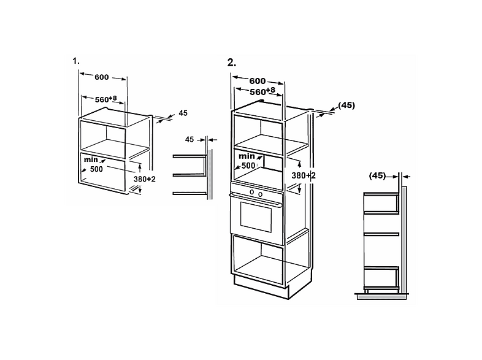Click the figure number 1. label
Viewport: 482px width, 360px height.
(x=76, y=61)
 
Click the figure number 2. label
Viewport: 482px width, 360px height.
(x=232, y=63)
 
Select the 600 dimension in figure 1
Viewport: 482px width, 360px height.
(x=102, y=77)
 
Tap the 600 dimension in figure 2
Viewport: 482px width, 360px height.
(x=258, y=81)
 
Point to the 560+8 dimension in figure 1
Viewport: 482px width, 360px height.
(x=106, y=99)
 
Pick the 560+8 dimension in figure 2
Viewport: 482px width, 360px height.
(x=262, y=91)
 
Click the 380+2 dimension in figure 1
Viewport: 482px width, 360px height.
(x=145, y=179)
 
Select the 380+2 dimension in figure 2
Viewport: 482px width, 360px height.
(x=304, y=175)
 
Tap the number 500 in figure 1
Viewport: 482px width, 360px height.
(x=96, y=169)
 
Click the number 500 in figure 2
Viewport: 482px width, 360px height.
(x=248, y=166)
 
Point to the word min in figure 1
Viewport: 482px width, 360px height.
(x=91, y=159)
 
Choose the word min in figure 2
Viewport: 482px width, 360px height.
(x=247, y=156)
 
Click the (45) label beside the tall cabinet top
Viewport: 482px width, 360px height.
(x=346, y=105)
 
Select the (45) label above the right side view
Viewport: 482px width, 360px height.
(x=377, y=175)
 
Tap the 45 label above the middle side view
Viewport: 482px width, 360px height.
(x=189, y=140)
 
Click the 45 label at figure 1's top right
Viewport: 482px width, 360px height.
(x=183, y=113)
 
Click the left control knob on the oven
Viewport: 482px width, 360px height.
(x=252, y=192)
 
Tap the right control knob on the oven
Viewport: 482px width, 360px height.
(x=261, y=194)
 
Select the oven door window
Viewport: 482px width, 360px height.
(x=256, y=216)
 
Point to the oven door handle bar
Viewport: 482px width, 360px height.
(x=256, y=199)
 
